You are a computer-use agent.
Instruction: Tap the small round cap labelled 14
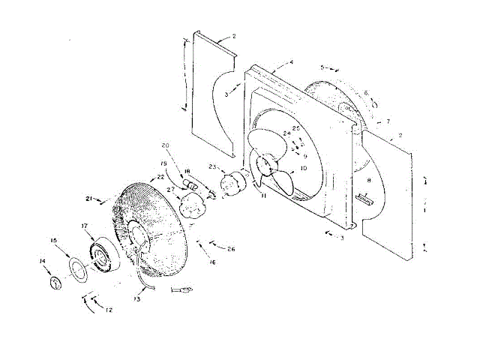coord(55,283)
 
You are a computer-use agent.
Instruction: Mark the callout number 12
coord(109,310)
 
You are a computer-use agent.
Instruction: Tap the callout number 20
coord(166,145)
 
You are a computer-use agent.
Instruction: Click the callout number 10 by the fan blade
coord(302,169)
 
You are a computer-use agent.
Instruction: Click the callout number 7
coord(388,121)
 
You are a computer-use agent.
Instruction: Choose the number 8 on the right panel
coord(367,180)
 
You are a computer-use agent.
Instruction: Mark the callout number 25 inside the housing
coord(296,129)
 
